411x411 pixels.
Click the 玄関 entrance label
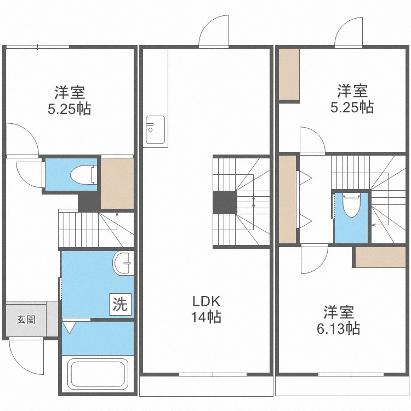pos(26,319)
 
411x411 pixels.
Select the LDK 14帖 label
pos(206,309)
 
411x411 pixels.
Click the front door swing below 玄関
pos(27,356)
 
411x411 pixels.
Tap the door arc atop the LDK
pos(214,33)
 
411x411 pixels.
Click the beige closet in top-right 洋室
pos(289,75)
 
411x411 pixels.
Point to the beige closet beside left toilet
pos(117,183)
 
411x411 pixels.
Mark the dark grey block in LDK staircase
pos(224,202)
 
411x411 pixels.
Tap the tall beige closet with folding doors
pos(287,199)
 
